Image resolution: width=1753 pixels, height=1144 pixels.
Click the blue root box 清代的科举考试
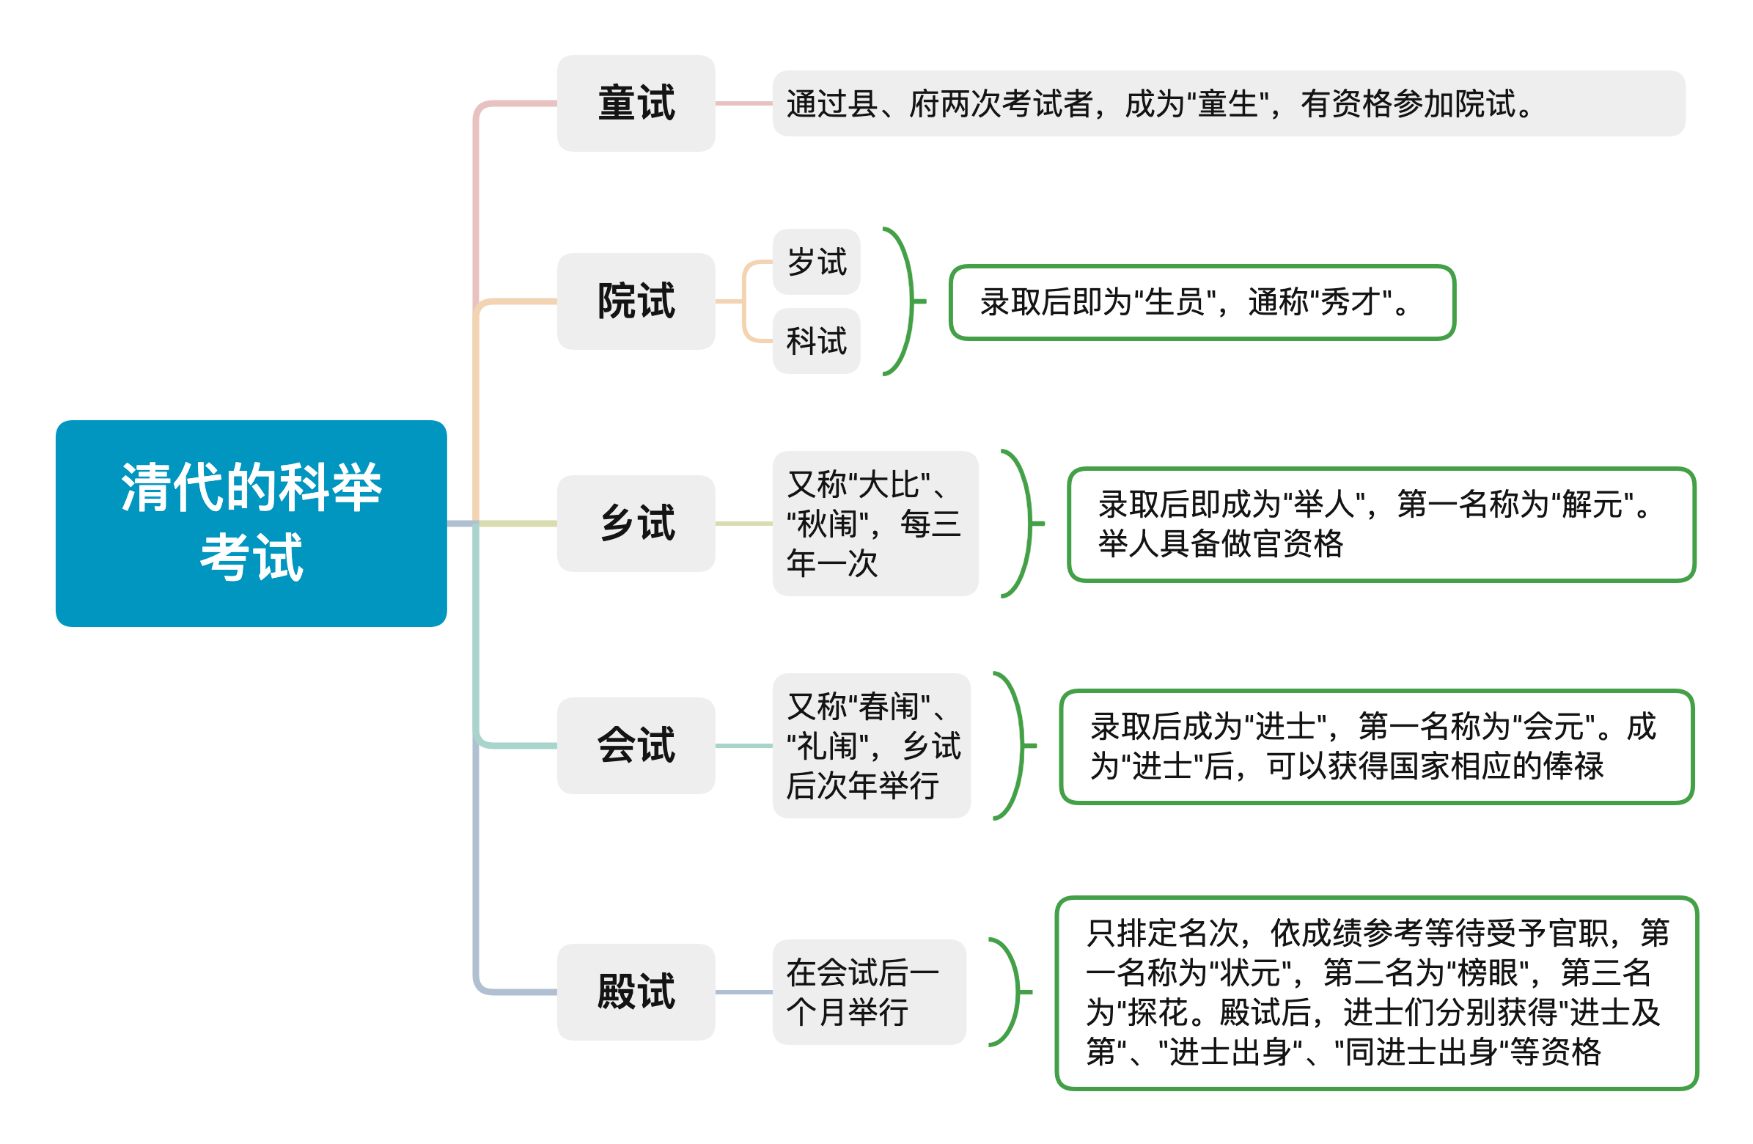251,523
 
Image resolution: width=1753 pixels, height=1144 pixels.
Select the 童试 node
636,103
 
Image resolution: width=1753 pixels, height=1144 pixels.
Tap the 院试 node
636,301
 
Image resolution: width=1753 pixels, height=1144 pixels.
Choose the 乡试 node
636,523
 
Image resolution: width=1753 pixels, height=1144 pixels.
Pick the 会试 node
636,746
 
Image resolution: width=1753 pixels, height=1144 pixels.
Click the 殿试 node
636,991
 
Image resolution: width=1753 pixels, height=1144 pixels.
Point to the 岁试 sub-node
816,262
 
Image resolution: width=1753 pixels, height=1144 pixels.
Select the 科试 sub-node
816,341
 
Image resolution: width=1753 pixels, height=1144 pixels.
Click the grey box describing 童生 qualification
1229,103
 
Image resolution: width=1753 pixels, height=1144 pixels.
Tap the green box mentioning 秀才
1202,302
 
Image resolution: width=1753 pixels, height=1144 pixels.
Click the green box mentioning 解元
1382,524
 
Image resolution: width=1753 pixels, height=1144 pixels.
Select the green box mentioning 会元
1377,747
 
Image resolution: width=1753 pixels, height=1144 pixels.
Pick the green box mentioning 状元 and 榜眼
1377,993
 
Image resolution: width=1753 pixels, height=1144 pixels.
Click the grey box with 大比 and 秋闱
875,523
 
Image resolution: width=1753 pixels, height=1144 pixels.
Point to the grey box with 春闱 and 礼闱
871,746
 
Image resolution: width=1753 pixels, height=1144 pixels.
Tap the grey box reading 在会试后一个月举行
869,991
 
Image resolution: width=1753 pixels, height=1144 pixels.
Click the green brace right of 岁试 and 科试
912,301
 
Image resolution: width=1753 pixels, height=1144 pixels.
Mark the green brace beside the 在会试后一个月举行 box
1018,991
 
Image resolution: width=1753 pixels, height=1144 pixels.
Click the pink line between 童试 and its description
744,103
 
